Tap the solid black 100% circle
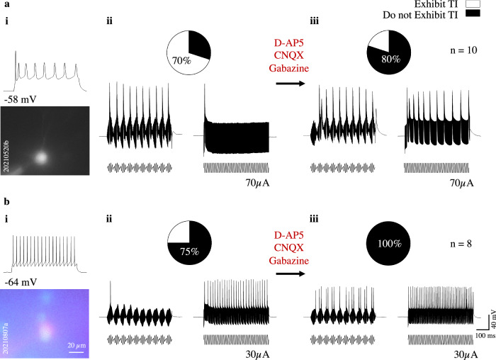point(388,243)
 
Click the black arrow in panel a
point(291,83)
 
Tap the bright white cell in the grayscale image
point(40,157)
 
